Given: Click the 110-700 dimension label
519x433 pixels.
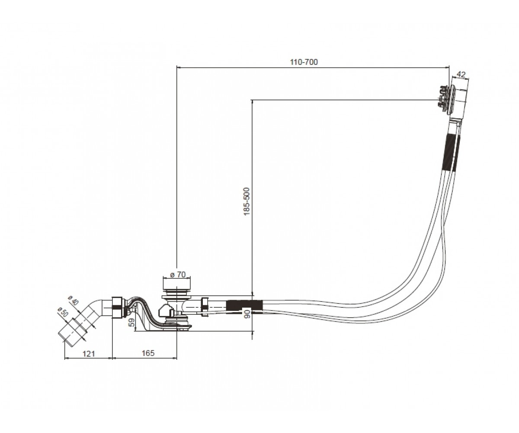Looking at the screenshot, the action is (304, 62).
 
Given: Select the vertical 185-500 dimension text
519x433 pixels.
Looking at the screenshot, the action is (247, 202).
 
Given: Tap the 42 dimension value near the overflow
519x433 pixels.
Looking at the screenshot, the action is (461, 74).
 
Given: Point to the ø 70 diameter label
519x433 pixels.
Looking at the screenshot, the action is (178, 275).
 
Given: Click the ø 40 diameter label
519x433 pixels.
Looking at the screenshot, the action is (74, 300).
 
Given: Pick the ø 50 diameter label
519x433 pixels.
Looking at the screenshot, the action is (63, 312).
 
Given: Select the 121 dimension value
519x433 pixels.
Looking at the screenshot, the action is (89, 353).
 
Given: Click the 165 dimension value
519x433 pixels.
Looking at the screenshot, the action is (148, 353).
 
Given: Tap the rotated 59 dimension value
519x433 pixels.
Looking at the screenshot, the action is (132, 323).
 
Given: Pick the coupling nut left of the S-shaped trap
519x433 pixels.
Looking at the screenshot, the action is (117, 307).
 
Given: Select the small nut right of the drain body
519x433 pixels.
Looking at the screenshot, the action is (204, 307).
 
